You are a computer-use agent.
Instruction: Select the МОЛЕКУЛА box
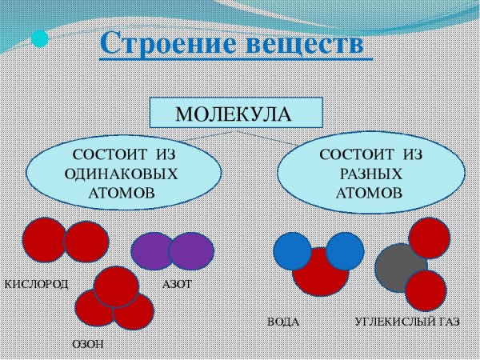(237, 113)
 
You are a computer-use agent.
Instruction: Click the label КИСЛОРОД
(37, 284)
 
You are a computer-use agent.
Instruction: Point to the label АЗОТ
(178, 284)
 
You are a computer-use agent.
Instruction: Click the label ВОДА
(283, 323)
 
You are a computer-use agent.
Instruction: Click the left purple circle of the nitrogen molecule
(152, 251)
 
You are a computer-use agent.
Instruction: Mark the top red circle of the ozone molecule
(117, 286)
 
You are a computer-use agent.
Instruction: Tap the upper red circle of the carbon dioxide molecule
(429, 238)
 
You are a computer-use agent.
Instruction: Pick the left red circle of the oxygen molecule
(43, 240)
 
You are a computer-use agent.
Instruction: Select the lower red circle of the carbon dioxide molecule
(425, 290)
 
